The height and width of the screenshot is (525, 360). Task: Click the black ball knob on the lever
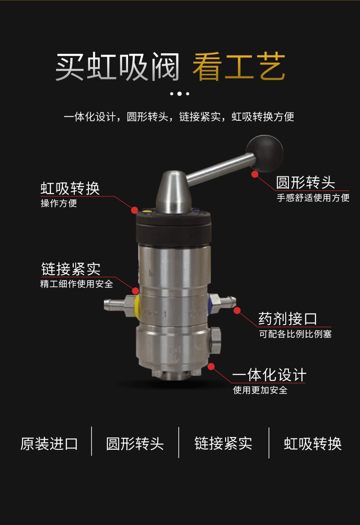(265, 153)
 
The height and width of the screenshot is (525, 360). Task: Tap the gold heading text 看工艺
(239, 67)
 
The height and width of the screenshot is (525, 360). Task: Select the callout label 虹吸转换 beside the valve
(70, 189)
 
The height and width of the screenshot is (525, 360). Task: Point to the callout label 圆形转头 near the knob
(305, 183)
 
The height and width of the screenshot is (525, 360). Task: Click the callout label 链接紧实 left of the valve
(71, 269)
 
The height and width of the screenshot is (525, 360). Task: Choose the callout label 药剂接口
(288, 319)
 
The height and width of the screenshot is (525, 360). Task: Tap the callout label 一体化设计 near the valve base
(269, 375)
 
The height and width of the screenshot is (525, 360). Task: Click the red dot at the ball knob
(255, 174)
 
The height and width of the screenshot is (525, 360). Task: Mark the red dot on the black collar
(134, 210)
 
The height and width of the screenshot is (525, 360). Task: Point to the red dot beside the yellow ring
(136, 291)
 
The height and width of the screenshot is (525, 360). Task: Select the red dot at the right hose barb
(237, 311)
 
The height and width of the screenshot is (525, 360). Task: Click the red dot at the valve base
(211, 366)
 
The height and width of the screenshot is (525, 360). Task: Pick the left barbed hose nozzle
(114, 305)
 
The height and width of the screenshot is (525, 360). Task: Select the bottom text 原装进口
(49, 444)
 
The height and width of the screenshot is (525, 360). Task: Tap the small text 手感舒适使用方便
(313, 198)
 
